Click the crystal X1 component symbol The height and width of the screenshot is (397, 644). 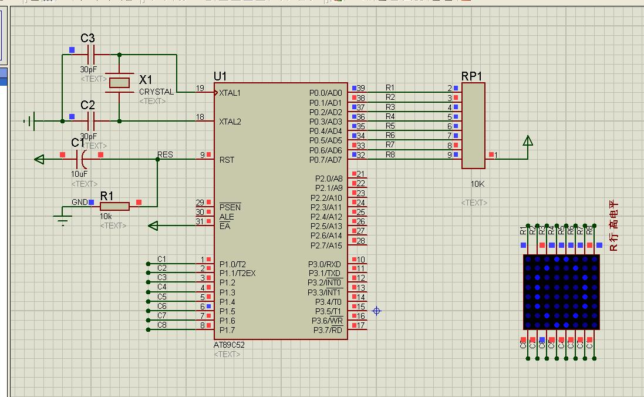(119, 82)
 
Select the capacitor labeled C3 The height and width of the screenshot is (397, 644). (91, 55)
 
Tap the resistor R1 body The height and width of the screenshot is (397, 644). (114, 206)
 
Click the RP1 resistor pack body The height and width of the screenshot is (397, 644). (473, 125)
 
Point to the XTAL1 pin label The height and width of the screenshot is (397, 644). (230, 93)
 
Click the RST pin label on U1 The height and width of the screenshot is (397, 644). (227, 160)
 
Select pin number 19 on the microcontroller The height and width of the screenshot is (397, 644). (200, 88)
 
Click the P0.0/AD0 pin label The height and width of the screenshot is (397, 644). (325, 93)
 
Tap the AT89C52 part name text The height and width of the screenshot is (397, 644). (229, 345)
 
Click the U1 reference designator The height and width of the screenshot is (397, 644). (220, 76)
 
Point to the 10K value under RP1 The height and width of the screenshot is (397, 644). (477, 184)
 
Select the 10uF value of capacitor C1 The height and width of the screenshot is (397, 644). (79, 174)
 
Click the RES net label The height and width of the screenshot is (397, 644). (165, 155)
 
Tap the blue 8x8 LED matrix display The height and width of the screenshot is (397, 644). (561, 292)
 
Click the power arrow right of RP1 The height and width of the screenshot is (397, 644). (528, 141)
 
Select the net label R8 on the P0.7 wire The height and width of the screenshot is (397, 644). (390, 154)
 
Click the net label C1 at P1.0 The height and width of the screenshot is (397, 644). (162, 259)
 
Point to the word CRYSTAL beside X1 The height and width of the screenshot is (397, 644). (156, 92)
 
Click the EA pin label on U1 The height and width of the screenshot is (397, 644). (224, 226)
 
